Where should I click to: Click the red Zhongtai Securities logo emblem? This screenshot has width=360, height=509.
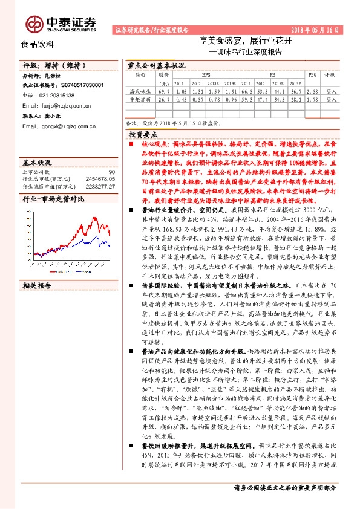point(33,22)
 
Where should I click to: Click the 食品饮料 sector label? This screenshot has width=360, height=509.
point(38,44)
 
